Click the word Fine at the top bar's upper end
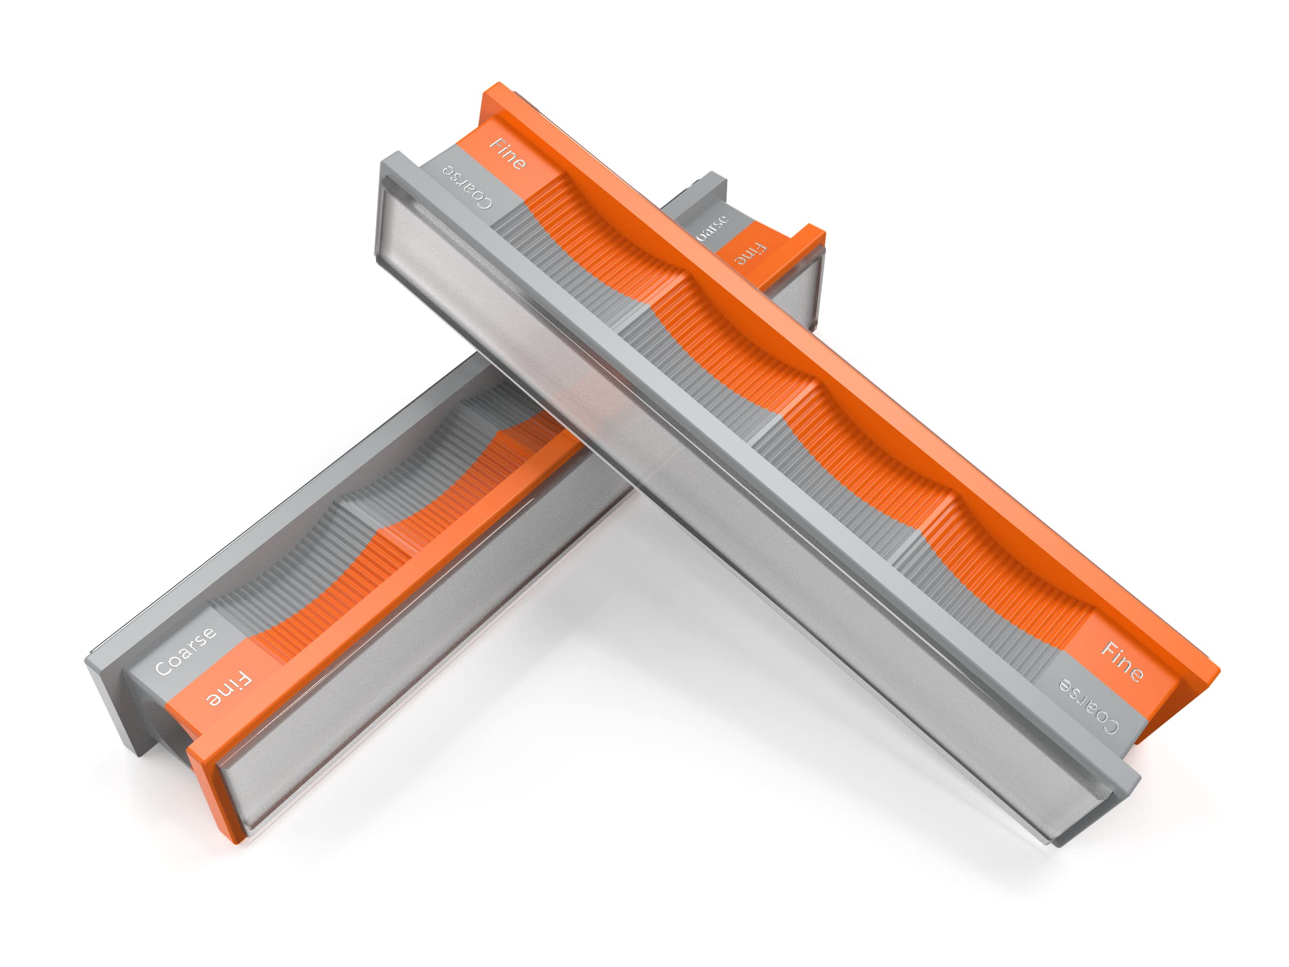[508, 154]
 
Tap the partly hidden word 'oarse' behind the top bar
[712, 228]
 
